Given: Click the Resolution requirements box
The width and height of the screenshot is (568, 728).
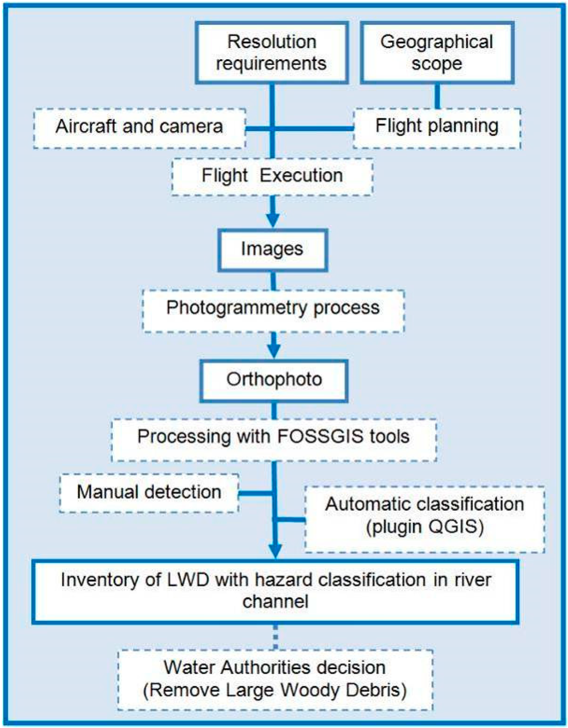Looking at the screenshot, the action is pyautogui.click(x=271, y=53).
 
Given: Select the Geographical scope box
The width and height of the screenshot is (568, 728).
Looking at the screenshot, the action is pyautogui.click(x=437, y=53).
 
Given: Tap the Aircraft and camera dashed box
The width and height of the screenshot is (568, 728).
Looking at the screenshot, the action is pyautogui.click(x=139, y=127).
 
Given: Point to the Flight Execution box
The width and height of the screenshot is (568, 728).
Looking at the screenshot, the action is pyautogui.click(x=272, y=176).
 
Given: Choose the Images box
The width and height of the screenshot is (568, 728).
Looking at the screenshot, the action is pyautogui.click(x=272, y=250).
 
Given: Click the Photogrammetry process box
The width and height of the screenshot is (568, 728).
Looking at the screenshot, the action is pyautogui.click(x=273, y=308).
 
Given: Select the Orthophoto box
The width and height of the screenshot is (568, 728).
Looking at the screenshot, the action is pyautogui.click(x=274, y=381).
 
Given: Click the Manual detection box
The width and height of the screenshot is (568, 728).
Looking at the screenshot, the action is pyautogui.click(x=149, y=492).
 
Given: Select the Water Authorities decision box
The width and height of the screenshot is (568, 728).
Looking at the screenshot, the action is pyautogui.click(x=275, y=679).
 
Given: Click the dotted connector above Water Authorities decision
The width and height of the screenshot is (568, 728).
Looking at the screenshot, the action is pyautogui.click(x=276, y=637).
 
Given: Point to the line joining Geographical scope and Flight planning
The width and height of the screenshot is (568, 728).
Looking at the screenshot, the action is pyautogui.click(x=437, y=96).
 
